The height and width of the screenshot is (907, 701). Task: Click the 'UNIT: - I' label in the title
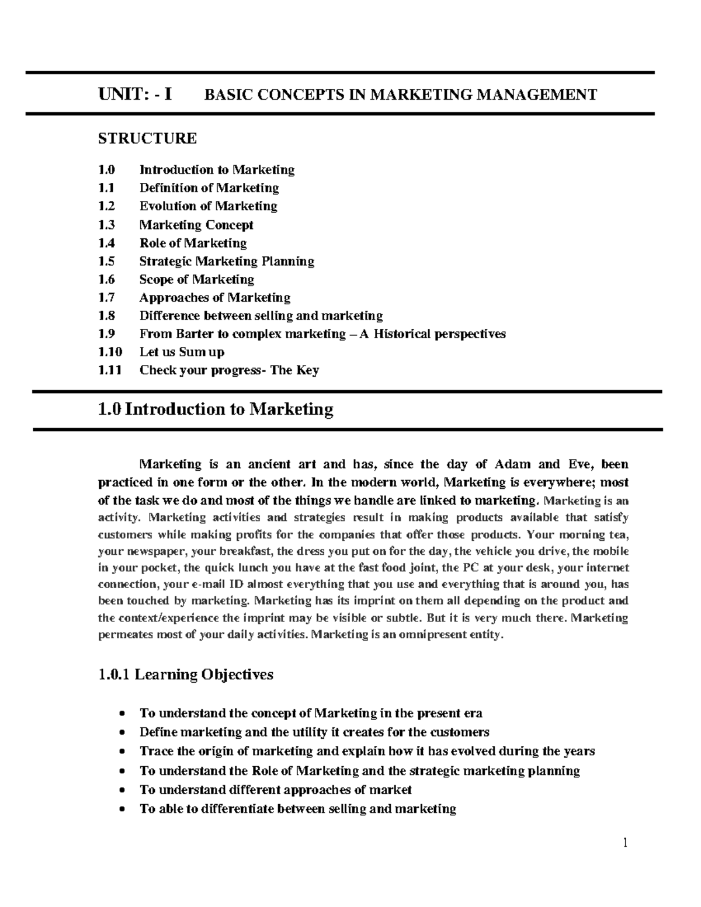(135, 94)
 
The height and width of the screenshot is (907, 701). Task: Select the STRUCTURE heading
(147, 138)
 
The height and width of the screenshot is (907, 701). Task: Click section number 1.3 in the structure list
(107, 225)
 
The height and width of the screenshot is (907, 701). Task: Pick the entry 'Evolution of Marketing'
(208, 206)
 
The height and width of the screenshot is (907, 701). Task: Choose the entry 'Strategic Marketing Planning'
(227, 261)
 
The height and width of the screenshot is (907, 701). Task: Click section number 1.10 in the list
(110, 352)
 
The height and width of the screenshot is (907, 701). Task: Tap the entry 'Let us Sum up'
(182, 352)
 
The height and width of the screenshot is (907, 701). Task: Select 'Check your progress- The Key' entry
(229, 370)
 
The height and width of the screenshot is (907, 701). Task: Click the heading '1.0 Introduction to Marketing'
(216, 409)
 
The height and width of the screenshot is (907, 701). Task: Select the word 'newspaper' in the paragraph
(152, 551)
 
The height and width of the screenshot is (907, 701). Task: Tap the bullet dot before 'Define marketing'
(121, 733)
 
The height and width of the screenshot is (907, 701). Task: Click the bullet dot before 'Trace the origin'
(121, 752)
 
